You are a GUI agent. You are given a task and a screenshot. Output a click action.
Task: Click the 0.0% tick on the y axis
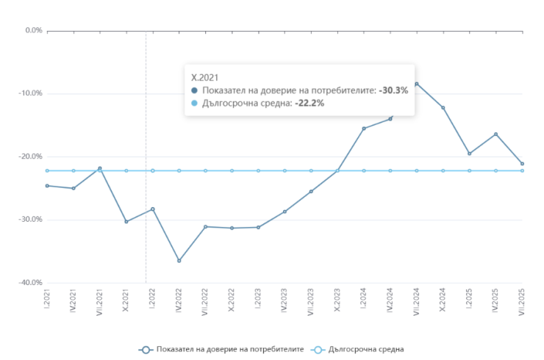(x=34, y=31)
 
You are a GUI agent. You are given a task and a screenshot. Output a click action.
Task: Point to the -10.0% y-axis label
(x=32, y=93)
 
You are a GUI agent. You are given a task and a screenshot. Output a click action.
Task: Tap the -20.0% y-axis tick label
(x=32, y=156)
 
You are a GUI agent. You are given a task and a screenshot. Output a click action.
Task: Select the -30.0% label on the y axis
(x=32, y=220)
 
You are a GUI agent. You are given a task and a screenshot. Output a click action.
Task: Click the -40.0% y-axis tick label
(x=32, y=283)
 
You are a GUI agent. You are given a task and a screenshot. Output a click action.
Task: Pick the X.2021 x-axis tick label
(x=126, y=300)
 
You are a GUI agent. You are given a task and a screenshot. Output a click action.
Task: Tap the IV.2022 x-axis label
(x=179, y=301)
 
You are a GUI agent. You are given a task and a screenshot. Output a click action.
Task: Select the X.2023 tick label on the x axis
(x=338, y=300)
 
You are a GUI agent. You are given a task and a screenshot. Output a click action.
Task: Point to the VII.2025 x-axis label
(x=523, y=303)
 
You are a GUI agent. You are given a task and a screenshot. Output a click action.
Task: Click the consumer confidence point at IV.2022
(x=179, y=261)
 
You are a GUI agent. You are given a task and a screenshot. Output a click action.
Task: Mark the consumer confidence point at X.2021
(x=126, y=221)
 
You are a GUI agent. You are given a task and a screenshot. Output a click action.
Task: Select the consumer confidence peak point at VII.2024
(x=417, y=84)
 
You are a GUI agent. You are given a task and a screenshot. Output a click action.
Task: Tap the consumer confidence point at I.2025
(x=470, y=154)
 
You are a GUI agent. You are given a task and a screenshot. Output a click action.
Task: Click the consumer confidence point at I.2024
(x=364, y=129)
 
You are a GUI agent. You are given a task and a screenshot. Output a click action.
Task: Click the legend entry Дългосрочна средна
(x=358, y=349)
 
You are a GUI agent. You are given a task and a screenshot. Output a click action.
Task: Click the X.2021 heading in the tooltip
(x=205, y=76)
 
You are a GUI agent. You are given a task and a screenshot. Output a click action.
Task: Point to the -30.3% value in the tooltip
(x=393, y=90)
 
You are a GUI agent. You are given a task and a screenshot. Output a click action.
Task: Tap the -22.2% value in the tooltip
(x=309, y=103)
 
